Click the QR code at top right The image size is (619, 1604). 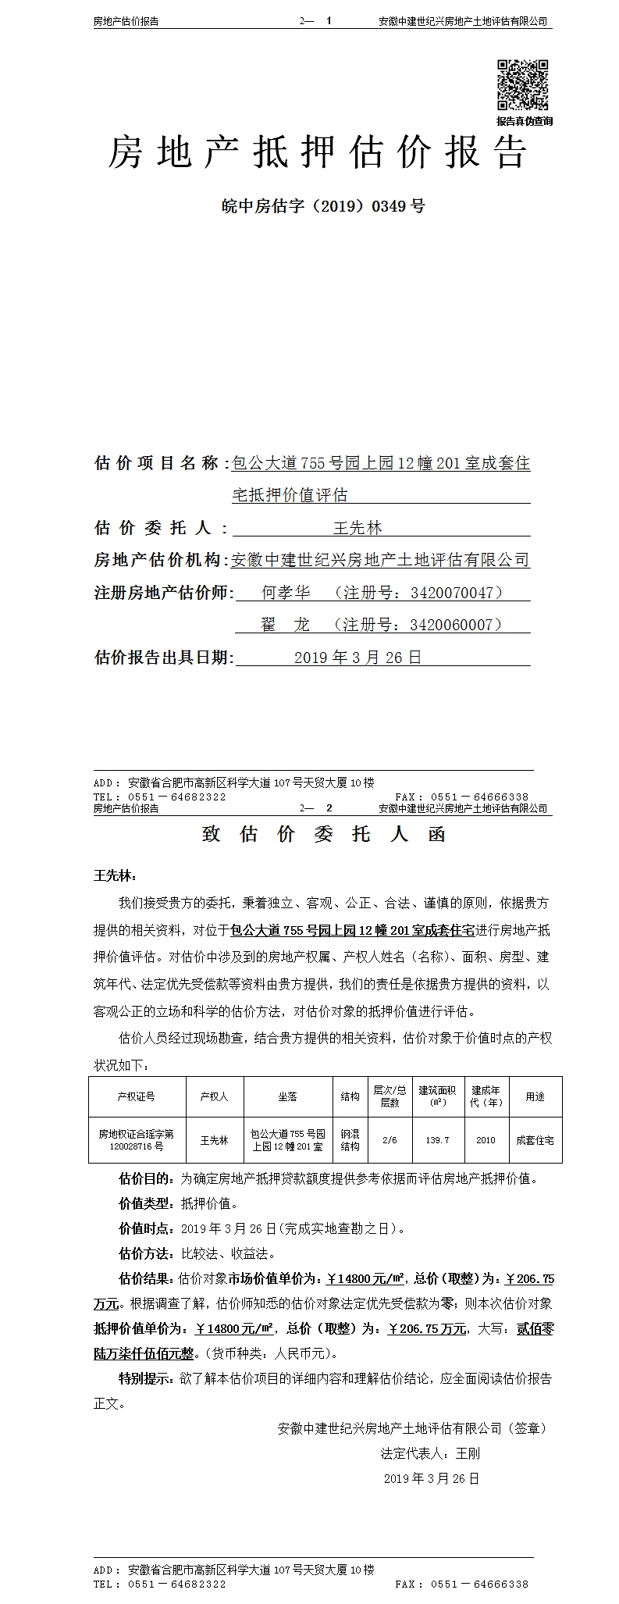point(523,85)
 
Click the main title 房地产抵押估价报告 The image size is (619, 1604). point(318,152)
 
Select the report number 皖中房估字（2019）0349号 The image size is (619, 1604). point(323,207)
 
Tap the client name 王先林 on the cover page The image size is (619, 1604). point(358,529)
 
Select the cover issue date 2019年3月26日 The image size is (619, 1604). point(358,658)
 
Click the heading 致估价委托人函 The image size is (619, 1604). point(323,834)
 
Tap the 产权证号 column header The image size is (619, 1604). point(136,1096)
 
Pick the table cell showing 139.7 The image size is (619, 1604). point(437,1140)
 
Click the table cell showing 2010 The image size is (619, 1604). point(486,1140)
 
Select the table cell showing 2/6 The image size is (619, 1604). point(390,1140)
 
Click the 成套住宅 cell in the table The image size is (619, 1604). point(535,1140)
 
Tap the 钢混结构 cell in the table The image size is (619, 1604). point(350,1140)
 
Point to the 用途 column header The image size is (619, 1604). point(535,1096)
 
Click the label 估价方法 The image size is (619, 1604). point(146,1254)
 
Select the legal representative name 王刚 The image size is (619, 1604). point(468,1453)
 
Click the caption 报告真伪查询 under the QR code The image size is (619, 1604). point(524,121)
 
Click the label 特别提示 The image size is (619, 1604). point(146,1378)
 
